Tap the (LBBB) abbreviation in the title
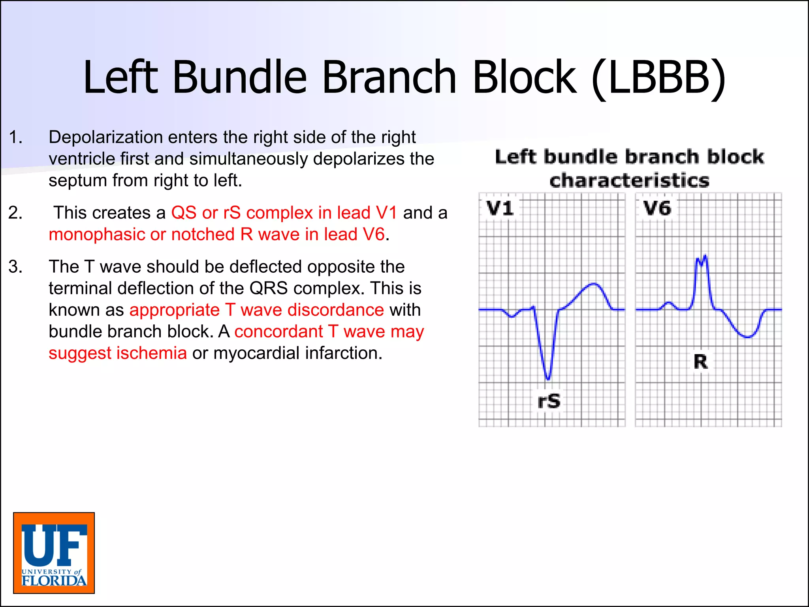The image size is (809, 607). [658, 78]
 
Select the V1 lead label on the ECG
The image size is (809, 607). [500, 208]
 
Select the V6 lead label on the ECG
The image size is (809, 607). [657, 208]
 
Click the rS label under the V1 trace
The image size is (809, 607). [549, 401]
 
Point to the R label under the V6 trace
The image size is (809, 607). [701, 362]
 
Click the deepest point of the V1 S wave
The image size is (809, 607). [547, 379]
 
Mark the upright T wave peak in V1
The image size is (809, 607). [594, 284]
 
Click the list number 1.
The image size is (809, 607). [15, 138]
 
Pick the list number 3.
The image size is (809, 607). [15, 267]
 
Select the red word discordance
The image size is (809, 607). [335, 310]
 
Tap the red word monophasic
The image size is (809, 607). [97, 235]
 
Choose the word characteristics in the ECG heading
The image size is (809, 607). [629, 181]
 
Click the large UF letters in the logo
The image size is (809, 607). [54, 545]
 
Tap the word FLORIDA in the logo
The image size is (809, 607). [54, 581]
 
